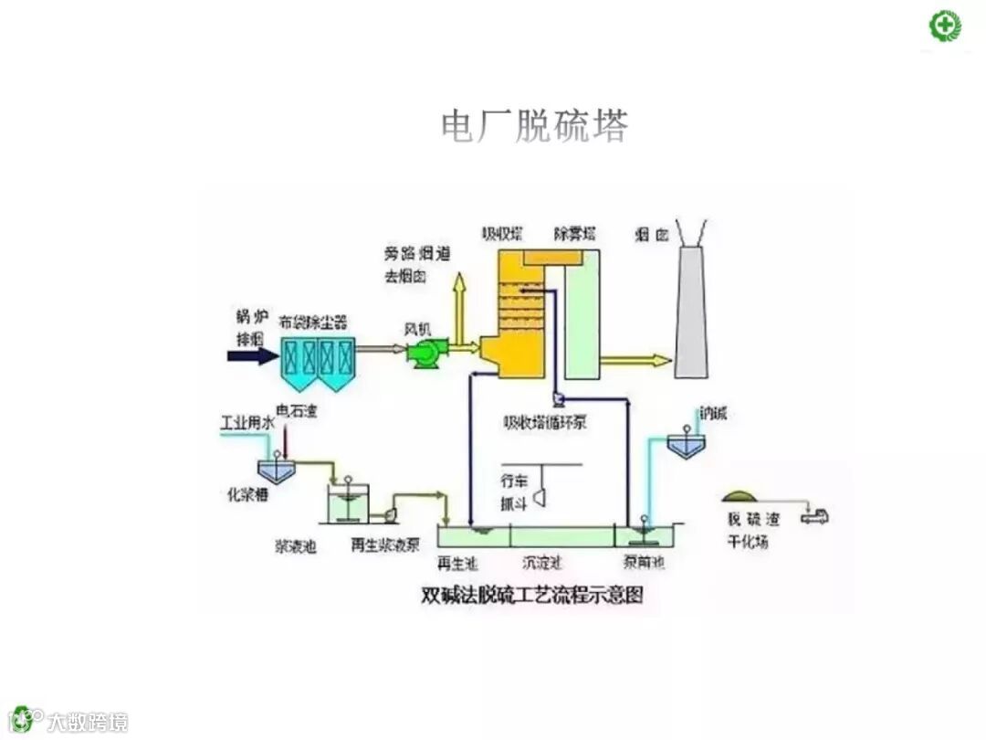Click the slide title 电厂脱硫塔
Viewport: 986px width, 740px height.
point(534,126)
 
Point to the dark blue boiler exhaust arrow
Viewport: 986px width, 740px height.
point(254,355)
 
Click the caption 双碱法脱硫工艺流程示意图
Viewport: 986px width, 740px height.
point(532,596)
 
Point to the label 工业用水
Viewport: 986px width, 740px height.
point(246,425)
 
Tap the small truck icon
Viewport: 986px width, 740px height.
point(813,515)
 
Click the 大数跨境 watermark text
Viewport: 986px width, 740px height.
point(88,721)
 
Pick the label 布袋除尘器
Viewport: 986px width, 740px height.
point(313,322)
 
